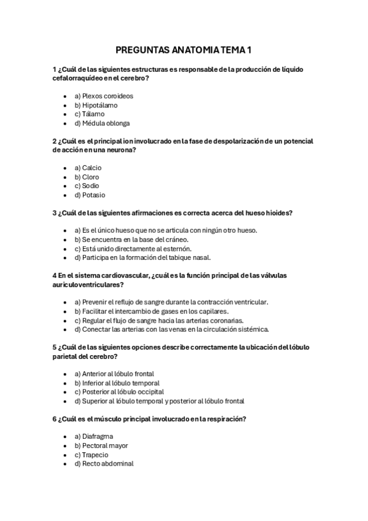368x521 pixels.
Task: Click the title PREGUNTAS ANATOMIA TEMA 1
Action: [x=184, y=50]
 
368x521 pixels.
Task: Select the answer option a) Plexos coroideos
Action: [x=103, y=96]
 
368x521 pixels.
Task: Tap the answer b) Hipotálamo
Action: [x=96, y=105]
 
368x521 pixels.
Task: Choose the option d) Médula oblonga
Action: [x=102, y=123]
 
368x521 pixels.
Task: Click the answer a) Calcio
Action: [x=88, y=168]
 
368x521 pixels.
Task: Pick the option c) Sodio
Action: [x=87, y=186]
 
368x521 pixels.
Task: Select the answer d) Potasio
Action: [x=90, y=195]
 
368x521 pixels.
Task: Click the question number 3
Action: [x=55, y=213]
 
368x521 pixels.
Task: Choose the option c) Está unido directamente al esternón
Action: [x=133, y=249]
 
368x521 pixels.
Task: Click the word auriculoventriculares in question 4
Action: [x=88, y=285]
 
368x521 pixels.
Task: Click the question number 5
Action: [x=55, y=347]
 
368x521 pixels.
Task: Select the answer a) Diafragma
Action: [x=93, y=437]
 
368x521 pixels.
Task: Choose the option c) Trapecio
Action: [x=91, y=455]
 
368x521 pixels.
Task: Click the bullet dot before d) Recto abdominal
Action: [x=65, y=464]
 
